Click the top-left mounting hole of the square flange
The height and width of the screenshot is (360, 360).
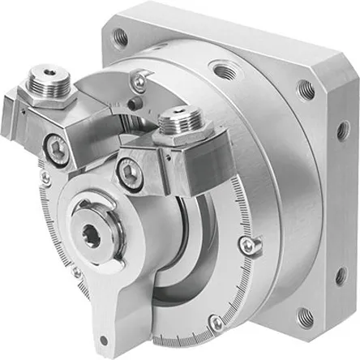121,36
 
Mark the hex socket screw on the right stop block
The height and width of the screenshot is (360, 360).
129,171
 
